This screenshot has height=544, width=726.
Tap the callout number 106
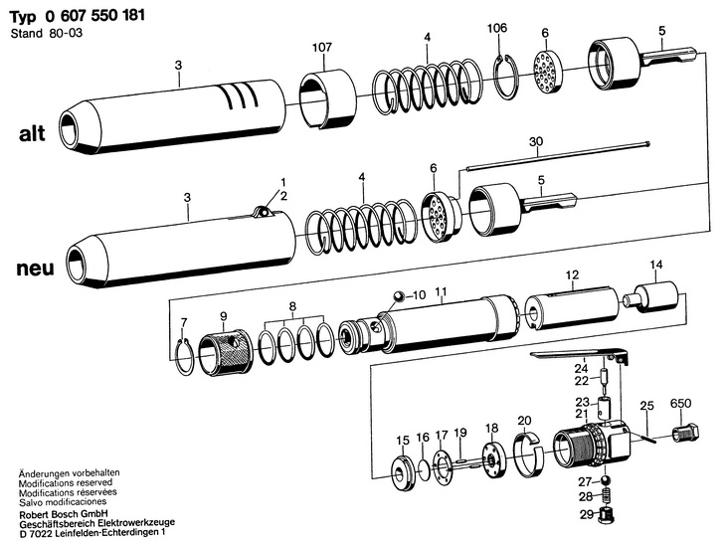click(x=497, y=28)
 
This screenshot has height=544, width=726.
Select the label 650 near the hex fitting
click(x=680, y=404)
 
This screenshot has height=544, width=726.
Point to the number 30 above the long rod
click(x=536, y=141)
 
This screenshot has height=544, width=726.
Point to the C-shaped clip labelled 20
click(x=527, y=446)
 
